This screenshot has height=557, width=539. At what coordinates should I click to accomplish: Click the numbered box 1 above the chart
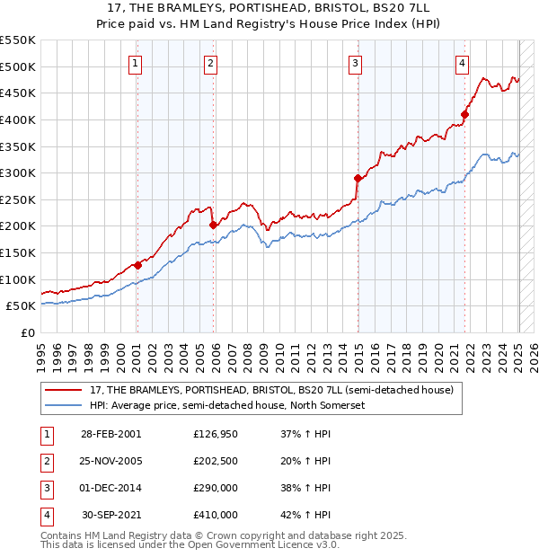(135, 63)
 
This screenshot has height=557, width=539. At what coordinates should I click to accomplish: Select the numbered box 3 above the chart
(356, 63)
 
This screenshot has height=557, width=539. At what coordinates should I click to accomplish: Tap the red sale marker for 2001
(137, 265)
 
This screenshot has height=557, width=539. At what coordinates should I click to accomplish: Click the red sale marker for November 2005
(213, 225)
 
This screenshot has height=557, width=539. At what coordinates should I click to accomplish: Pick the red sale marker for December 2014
(358, 178)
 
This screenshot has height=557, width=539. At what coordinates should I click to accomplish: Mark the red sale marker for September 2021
(464, 114)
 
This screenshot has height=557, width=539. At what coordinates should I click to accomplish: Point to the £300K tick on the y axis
(18, 172)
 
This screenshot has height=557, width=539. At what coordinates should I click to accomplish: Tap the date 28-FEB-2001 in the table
(110, 433)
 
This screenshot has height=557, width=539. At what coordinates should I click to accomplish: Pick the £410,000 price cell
(216, 515)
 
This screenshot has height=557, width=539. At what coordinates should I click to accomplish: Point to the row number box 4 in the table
(44, 516)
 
